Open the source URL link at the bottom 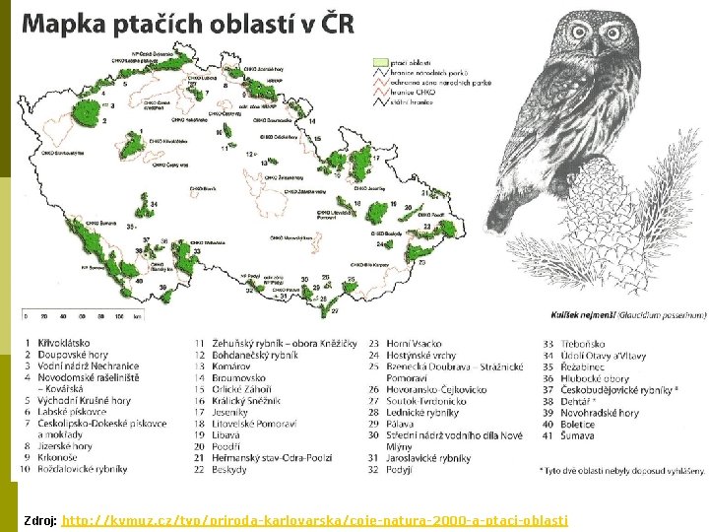point(314,519)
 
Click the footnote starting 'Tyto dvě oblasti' point(620,471)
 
